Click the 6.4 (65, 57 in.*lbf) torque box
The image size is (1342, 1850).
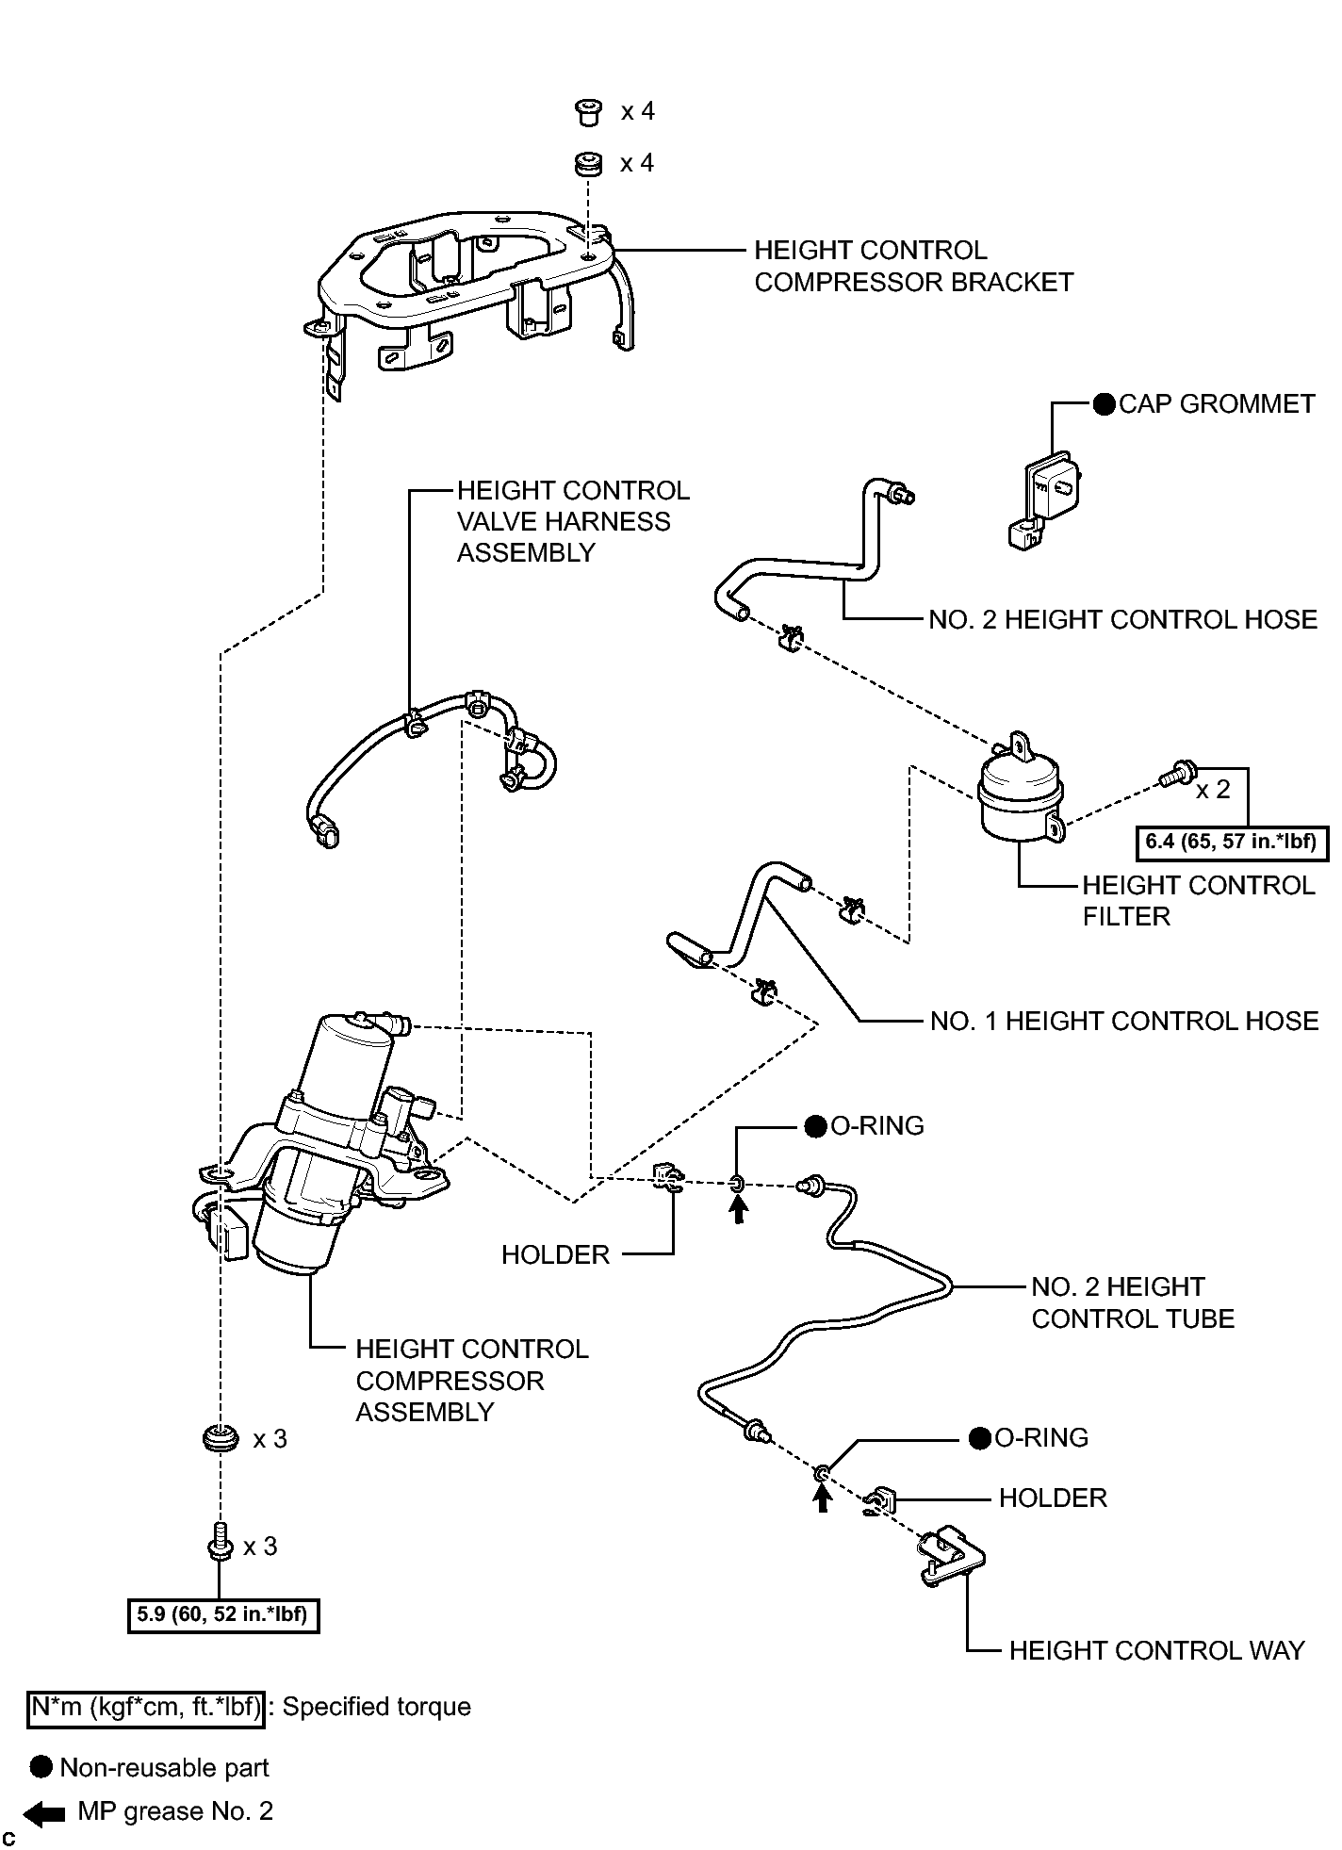[1232, 842]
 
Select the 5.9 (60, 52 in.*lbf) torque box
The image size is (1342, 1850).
[223, 1614]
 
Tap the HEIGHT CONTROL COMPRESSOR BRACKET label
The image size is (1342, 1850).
[913, 266]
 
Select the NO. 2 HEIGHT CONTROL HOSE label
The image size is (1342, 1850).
[1123, 619]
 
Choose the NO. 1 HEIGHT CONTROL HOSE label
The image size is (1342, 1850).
[1124, 1021]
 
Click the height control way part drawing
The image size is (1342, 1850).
[951, 1560]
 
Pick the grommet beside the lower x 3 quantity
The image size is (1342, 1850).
[221, 1439]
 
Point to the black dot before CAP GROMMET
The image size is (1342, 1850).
[1105, 404]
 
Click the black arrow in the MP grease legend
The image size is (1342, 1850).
[43, 1811]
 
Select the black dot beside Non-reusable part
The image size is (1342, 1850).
[41, 1767]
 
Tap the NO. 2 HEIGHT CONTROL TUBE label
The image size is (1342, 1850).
[1133, 1302]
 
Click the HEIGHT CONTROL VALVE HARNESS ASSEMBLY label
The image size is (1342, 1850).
[573, 521]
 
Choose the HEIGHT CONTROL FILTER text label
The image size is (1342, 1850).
[1198, 900]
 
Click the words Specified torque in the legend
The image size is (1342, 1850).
[377, 1707]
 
